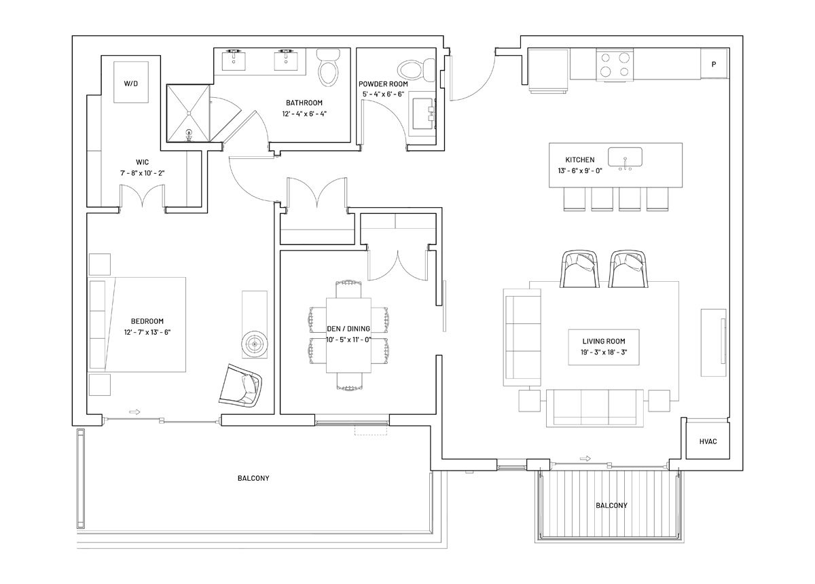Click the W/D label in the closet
[130, 84]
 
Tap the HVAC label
[708, 441]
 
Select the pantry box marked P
[714, 64]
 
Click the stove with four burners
[615, 65]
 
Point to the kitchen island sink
[625, 157]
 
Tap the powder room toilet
[416, 71]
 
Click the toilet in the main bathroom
[328, 68]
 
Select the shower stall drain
[189, 113]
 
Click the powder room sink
[422, 113]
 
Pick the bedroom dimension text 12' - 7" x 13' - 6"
[147, 332]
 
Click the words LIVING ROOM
[604, 342]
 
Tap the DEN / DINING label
[348, 329]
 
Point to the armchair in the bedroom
[240, 385]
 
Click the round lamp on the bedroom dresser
[255, 344]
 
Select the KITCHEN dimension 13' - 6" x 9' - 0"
[580, 170]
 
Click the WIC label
[142, 162]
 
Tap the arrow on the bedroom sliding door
[134, 412]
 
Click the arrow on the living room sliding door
[585, 459]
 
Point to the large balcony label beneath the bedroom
[253, 478]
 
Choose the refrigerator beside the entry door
[548, 71]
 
